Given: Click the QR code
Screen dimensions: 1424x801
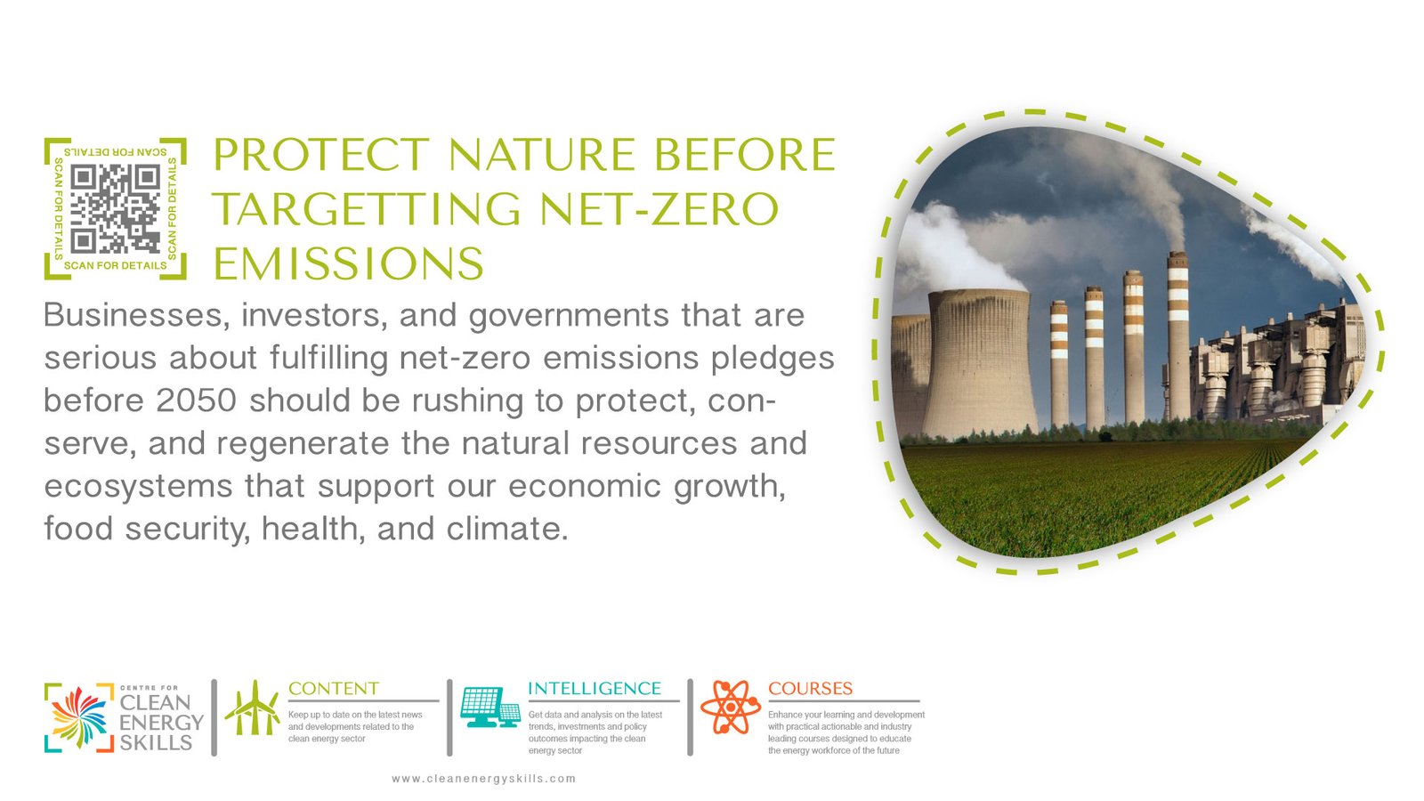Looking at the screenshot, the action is (x=115, y=208).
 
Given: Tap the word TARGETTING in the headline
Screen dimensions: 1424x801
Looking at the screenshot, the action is (x=367, y=209).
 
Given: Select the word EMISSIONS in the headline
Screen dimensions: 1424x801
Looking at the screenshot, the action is (x=348, y=263).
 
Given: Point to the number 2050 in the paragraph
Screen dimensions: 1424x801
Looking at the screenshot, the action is (x=196, y=400).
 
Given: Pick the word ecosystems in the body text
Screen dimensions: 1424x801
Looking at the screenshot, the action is (x=138, y=487).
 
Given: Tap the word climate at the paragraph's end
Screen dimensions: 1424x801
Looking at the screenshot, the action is (x=506, y=529).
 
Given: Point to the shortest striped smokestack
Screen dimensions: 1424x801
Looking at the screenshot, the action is (x=1059, y=364).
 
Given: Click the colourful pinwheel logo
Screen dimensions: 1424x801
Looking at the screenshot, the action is (x=79, y=717).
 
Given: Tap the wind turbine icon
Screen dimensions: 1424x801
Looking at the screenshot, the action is (x=253, y=708).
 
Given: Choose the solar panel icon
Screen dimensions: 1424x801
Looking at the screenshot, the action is (x=490, y=707).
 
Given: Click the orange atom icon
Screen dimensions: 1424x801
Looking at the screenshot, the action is (x=731, y=707).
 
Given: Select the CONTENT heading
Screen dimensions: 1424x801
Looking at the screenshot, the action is (x=334, y=689).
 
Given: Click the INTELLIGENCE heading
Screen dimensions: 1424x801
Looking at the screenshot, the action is (x=595, y=689).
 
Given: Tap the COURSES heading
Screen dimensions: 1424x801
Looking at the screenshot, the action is (x=810, y=689).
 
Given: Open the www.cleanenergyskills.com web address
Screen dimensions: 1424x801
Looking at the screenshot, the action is (x=484, y=779).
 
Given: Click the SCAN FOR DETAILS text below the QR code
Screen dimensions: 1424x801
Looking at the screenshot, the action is (x=115, y=265).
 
